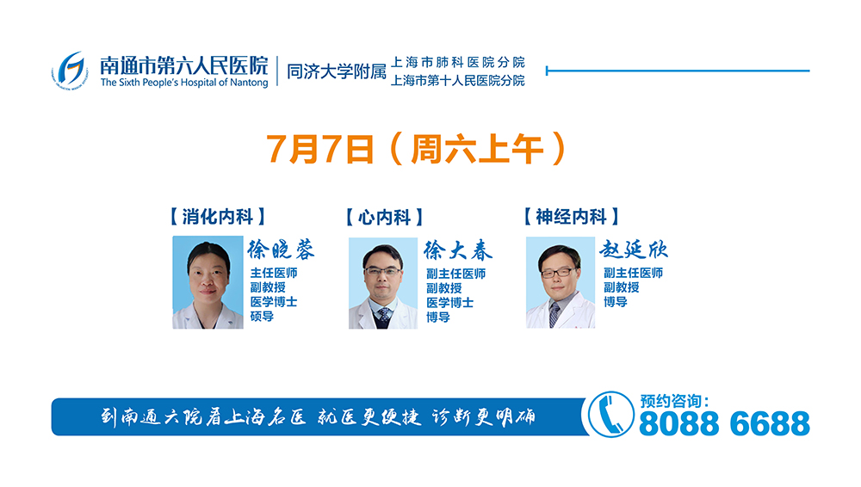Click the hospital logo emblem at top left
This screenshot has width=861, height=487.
coord(70,69)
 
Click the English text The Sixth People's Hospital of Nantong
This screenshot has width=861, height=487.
coord(183,83)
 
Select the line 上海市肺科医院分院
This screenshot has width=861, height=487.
coord(457,63)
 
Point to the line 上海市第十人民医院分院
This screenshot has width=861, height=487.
coord(457,81)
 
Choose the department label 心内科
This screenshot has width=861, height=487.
coord(384,217)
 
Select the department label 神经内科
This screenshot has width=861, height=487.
coord(572,216)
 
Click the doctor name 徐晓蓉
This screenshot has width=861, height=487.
coord(281,250)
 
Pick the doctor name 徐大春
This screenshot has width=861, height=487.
coord(458,250)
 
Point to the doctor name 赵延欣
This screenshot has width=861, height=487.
coord(635,250)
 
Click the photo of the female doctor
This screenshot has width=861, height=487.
coord(208,282)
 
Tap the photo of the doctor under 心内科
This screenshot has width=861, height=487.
coord(382,283)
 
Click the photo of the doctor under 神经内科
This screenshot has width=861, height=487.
coord(560,283)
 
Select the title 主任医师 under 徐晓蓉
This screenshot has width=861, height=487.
coord(274,274)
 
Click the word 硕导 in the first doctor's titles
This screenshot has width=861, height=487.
coord(262,317)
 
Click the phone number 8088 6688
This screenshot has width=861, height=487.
coord(724,423)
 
